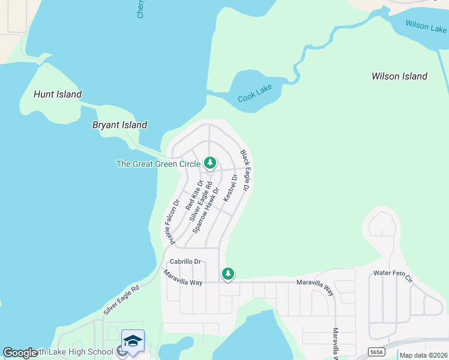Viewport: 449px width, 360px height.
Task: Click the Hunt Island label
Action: tap(58, 94)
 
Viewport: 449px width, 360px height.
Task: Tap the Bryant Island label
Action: tap(119, 125)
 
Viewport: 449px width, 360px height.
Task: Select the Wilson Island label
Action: tap(399, 76)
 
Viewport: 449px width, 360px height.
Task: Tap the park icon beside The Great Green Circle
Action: tap(210, 163)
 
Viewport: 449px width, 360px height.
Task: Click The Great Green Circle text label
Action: tap(158, 164)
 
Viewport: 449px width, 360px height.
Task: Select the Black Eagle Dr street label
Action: tap(245, 171)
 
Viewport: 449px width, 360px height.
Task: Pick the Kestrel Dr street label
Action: tap(231, 188)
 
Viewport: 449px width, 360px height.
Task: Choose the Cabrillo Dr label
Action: tap(185, 262)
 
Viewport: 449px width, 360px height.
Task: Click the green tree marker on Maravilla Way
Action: tap(228, 274)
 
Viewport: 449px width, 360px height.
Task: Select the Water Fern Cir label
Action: tap(393, 275)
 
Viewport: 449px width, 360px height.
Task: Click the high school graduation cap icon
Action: tap(133, 340)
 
